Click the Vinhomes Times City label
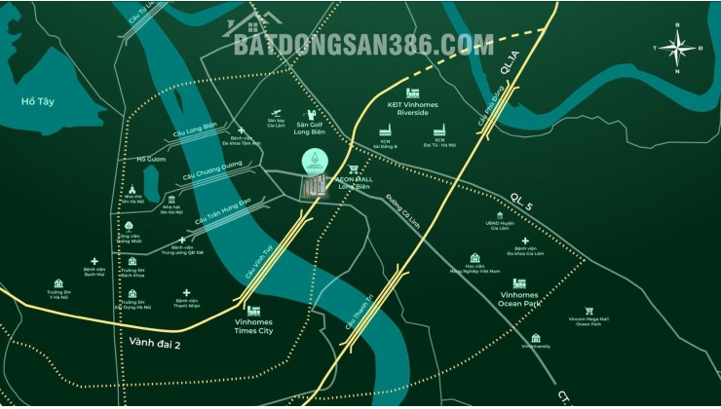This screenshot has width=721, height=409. click(x=253, y=326)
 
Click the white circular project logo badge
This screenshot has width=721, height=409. click(x=315, y=166)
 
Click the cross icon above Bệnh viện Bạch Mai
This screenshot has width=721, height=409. click(x=95, y=262)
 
